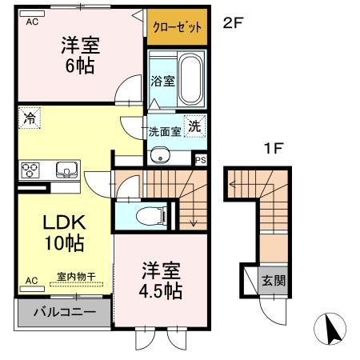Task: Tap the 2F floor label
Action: point(232,23)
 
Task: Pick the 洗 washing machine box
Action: point(194,125)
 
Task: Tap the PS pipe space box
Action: point(200,159)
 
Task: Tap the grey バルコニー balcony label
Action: point(64,312)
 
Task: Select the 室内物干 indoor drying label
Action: point(76,278)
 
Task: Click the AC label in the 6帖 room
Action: point(32,22)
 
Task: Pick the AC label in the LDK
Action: point(32,281)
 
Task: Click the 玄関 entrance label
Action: point(274,282)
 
